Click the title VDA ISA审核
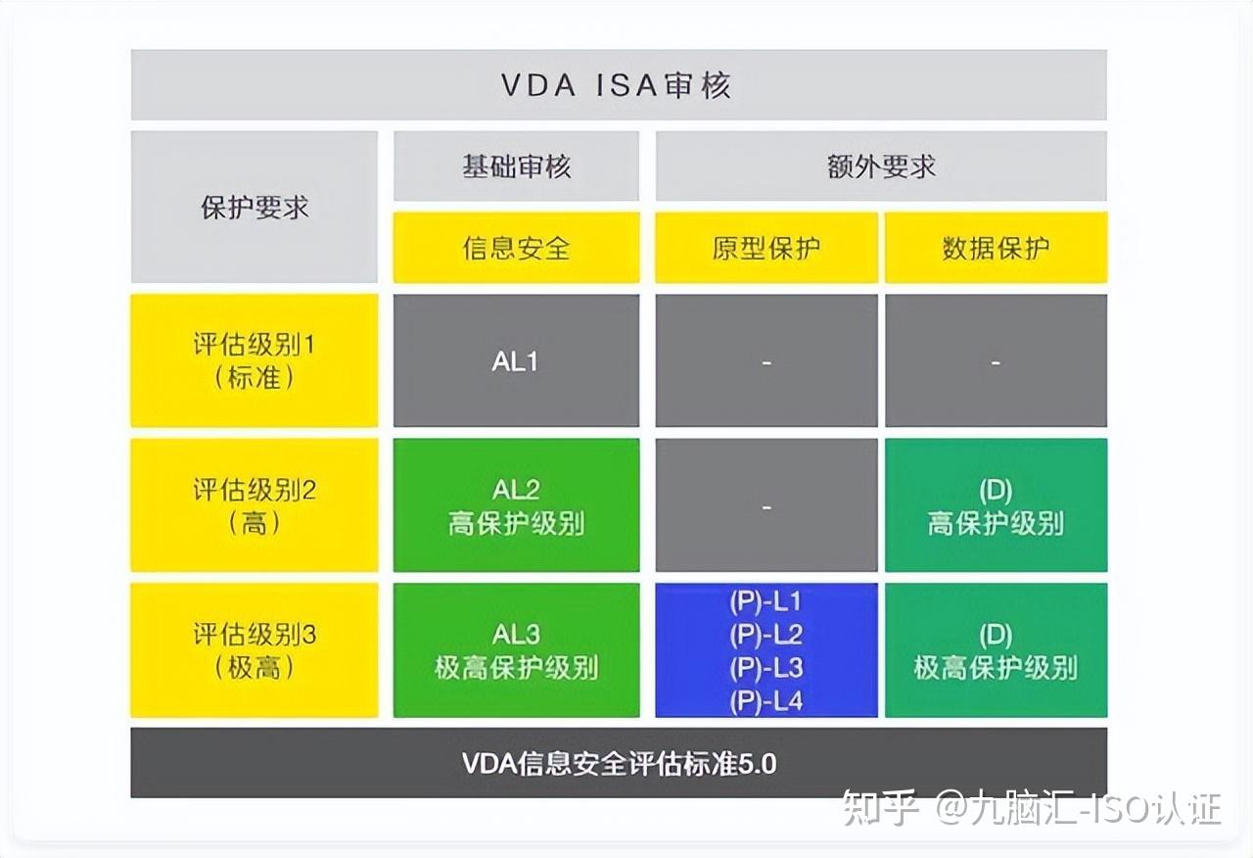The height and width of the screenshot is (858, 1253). (x=617, y=86)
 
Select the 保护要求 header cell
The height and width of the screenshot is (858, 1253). (x=255, y=208)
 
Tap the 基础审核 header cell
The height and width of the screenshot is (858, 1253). (x=516, y=167)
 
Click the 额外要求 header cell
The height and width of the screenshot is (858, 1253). (x=881, y=167)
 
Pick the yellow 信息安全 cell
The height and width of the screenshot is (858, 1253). (x=516, y=248)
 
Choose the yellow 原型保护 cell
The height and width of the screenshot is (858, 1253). (x=766, y=248)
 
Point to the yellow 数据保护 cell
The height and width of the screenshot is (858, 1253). (x=996, y=248)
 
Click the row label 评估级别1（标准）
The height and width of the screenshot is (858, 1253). (x=255, y=361)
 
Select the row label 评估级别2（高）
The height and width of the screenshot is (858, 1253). (x=255, y=505)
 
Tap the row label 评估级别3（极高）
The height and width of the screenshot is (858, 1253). (x=255, y=650)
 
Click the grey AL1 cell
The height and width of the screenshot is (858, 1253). (x=516, y=361)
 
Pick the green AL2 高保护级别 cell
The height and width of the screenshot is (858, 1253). (x=516, y=505)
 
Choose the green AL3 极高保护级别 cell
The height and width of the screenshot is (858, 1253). (x=516, y=650)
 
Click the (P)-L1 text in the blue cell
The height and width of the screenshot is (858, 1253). (x=766, y=601)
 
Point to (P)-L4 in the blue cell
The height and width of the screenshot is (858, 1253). (x=766, y=700)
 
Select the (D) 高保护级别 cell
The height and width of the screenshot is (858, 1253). (x=996, y=505)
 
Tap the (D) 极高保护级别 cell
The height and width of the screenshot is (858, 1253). (x=996, y=650)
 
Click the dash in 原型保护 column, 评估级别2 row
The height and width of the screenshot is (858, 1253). (x=766, y=506)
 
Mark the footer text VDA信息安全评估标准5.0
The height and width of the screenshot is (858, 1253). (x=619, y=763)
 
